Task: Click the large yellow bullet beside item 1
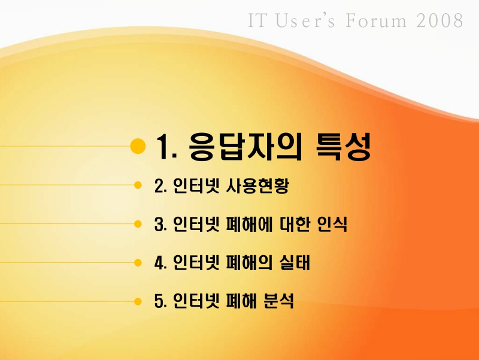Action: [138, 146]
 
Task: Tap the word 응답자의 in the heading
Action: [247, 146]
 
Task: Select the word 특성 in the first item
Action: [343, 146]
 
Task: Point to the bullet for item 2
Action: [138, 185]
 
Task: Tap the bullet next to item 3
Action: [138, 224]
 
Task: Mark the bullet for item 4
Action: [138, 262]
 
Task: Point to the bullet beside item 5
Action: [138, 300]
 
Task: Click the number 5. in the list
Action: [160, 301]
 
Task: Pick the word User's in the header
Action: [305, 21]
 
